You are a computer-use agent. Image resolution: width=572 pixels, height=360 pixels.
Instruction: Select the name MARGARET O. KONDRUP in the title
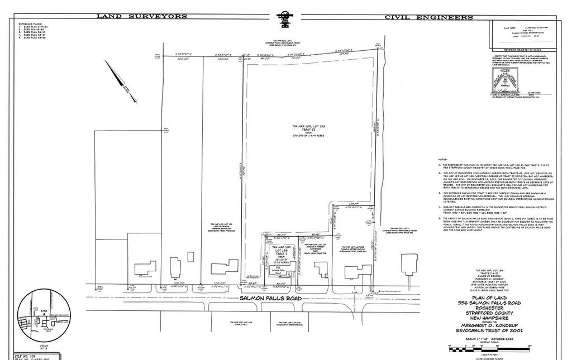485,325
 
